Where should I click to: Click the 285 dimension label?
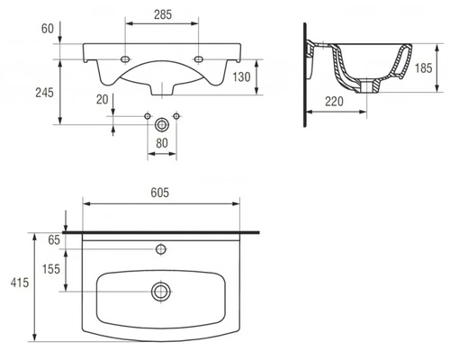click(162, 15)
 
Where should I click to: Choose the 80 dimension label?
click(162, 141)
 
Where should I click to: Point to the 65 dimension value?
click(52, 240)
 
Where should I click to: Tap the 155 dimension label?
click(52, 269)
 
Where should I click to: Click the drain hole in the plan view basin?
click(162, 291)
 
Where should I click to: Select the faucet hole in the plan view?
click(162, 247)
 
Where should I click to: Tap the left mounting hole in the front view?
click(124, 59)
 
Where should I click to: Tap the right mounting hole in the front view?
click(200, 59)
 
